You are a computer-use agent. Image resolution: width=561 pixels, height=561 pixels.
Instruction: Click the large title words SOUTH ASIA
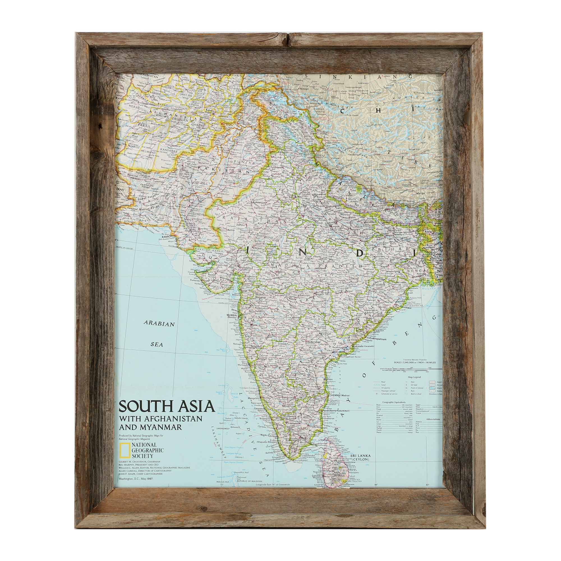[167, 406]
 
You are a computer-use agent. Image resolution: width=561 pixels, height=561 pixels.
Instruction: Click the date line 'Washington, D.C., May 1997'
[136, 479]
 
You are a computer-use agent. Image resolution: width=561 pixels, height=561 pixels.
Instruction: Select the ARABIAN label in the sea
[159, 324]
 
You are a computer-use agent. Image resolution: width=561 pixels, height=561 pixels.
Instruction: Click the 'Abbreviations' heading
[433, 419]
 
